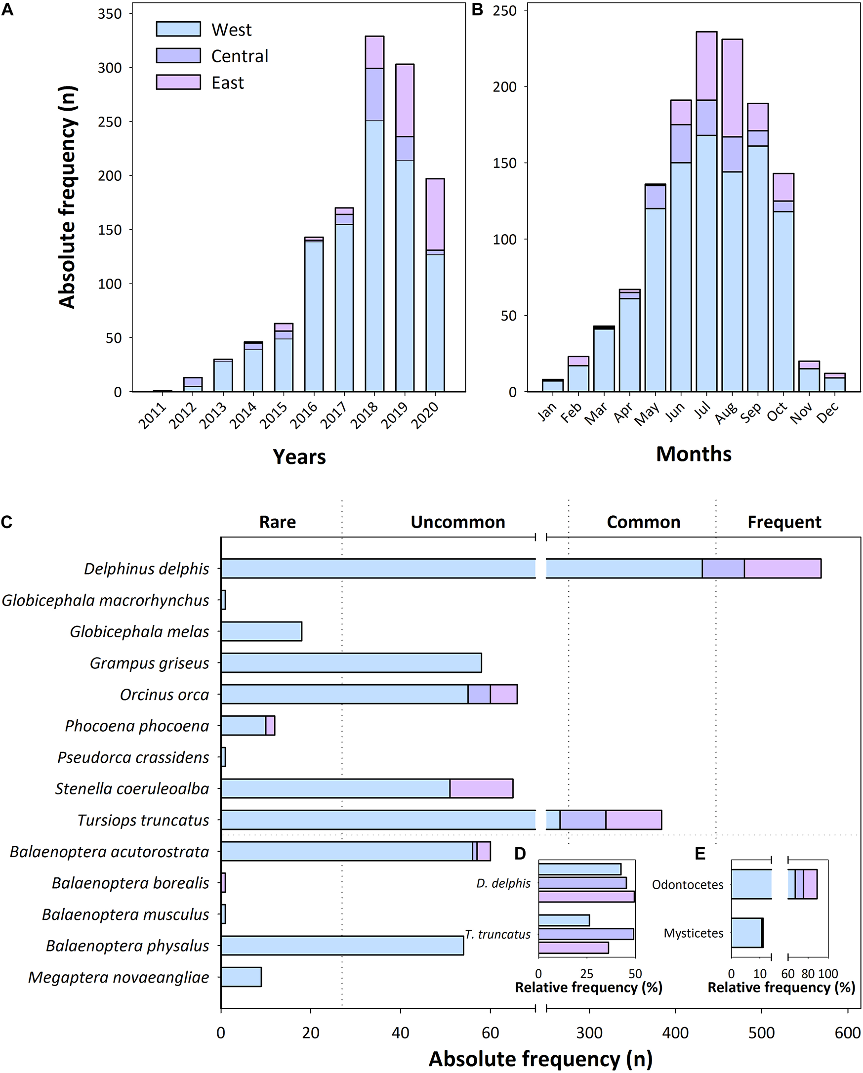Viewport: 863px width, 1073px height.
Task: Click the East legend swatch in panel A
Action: click(x=178, y=82)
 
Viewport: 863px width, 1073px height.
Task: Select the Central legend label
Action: click(x=240, y=56)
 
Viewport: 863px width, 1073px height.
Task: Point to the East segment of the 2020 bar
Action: click(x=435, y=214)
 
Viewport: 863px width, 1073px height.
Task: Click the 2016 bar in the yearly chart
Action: click(x=314, y=316)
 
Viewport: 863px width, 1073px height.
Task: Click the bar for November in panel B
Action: click(x=809, y=376)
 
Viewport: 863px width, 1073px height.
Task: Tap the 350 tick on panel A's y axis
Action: click(x=110, y=14)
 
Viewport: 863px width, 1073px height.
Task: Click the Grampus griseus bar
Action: click(x=351, y=663)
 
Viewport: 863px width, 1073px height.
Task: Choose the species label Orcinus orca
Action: click(x=164, y=695)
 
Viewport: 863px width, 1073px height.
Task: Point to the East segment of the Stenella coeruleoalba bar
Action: click(x=481, y=789)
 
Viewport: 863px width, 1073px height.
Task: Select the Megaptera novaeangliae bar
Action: click(x=241, y=978)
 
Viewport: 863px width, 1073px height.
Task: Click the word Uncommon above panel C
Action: click(x=457, y=522)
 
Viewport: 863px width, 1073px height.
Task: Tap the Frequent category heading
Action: click(x=784, y=522)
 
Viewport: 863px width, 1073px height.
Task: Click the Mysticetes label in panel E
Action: click(x=693, y=933)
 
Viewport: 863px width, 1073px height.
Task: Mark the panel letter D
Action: click(x=520, y=854)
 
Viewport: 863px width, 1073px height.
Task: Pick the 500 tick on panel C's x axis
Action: click(x=761, y=1033)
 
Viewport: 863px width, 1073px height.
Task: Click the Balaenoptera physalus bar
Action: click(x=342, y=946)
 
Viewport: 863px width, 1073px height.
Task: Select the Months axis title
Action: click(x=693, y=454)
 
